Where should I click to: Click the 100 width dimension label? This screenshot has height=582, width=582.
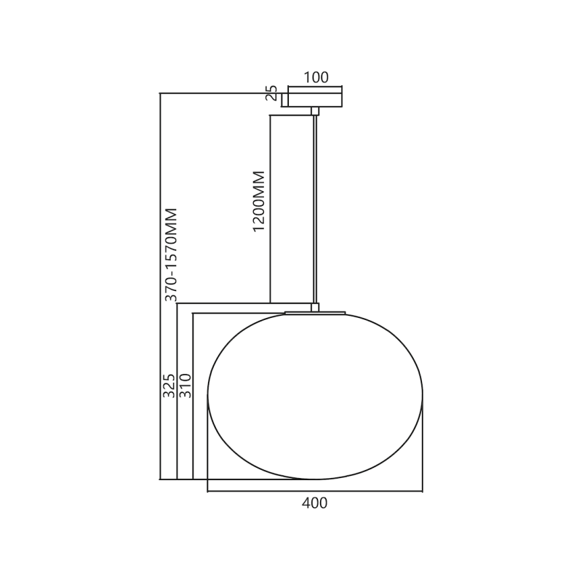coord(316,77)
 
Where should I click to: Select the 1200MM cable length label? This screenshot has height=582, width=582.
coord(259,202)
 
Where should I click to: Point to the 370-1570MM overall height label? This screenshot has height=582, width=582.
coord(171,255)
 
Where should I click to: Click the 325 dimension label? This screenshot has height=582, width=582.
coord(169,386)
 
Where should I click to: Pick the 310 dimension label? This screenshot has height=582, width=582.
coord(185,386)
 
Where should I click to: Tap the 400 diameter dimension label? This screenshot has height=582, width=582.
coord(314,503)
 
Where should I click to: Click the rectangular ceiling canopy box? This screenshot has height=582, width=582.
coord(315,97)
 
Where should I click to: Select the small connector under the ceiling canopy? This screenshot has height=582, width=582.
coord(315,111)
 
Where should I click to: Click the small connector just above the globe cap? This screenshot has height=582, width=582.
coord(315,307)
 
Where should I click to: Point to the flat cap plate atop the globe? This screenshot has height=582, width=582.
coord(315,313)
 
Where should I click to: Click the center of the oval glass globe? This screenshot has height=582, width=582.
coord(315,396)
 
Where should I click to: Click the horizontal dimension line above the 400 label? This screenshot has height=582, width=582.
coord(315,491)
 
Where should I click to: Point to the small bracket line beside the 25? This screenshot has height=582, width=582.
coord(282,100)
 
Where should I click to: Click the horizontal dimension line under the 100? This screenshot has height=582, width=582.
coord(315,87)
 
